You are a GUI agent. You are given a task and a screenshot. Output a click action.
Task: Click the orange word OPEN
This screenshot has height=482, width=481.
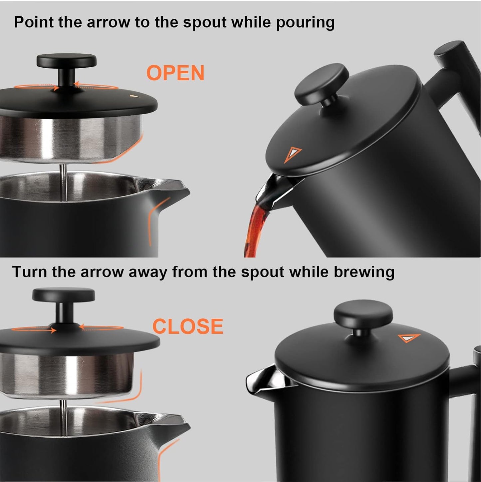[x=175, y=73]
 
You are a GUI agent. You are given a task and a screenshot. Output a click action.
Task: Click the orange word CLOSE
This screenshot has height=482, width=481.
[x=188, y=326]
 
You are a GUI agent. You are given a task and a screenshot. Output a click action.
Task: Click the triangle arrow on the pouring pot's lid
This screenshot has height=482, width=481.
[x=292, y=154]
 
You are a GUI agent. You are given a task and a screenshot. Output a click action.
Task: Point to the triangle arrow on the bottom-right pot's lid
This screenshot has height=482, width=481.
[x=409, y=338]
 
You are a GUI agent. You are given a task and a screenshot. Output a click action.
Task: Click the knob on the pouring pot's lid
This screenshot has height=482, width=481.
[x=322, y=85]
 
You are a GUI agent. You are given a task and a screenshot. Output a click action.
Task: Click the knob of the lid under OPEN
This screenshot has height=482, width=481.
[x=66, y=61]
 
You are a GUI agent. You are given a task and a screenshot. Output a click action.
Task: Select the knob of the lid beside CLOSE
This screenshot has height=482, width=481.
[x=63, y=295]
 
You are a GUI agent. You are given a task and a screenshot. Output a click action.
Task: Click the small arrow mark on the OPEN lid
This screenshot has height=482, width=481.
[x=134, y=96]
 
